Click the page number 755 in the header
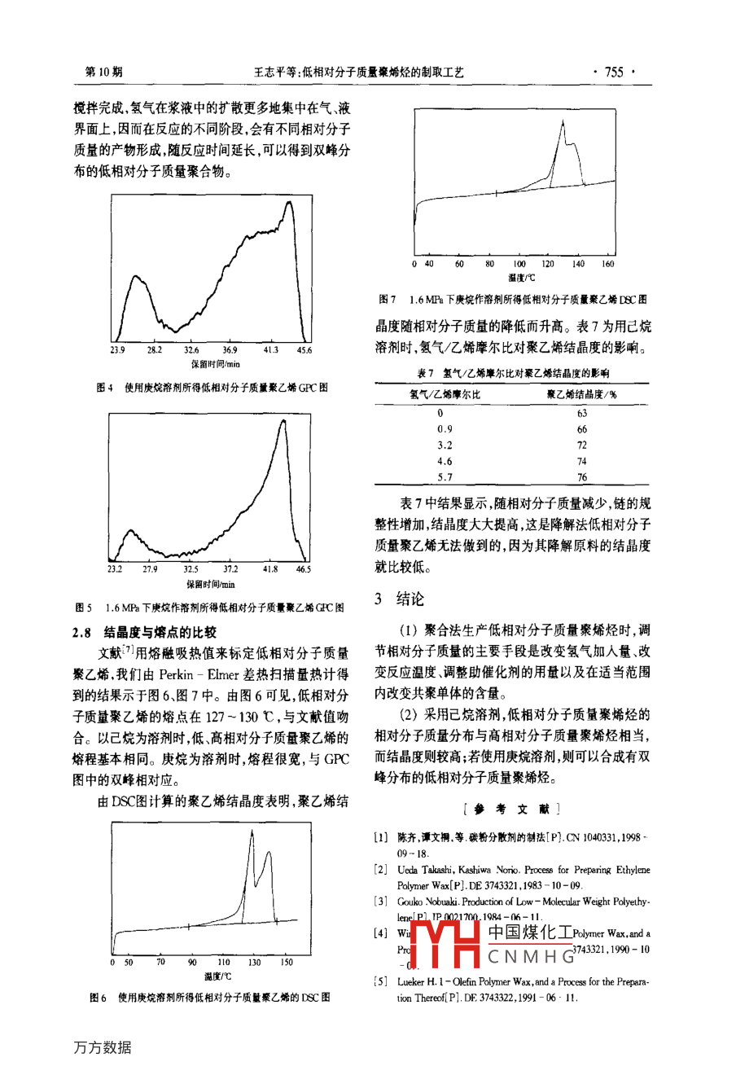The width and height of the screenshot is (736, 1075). click(x=614, y=72)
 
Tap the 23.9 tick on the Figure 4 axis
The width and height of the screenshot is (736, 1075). click(x=117, y=350)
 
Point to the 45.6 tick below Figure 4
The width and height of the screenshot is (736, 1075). click(x=304, y=350)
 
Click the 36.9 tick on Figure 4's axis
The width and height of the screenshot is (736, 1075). click(x=230, y=350)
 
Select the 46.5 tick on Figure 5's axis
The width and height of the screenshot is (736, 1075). click(x=303, y=569)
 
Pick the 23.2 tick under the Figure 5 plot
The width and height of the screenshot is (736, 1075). click(x=115, y=569)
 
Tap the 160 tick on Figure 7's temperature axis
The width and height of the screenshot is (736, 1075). click(x=607, y=264)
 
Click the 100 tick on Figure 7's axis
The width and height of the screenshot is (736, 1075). click(x=519, y=264)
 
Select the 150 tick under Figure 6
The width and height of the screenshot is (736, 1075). click(x=287, y=963)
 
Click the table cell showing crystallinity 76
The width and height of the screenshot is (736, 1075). click(x=581, y=477)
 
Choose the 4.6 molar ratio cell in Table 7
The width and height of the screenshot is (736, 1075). click(x=445, y=461)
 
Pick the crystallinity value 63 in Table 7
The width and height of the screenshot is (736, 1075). click(x=581, y=413)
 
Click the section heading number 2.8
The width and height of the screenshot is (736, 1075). click(x=82, y=632)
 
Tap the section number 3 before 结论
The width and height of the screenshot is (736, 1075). click(x=379, y=599)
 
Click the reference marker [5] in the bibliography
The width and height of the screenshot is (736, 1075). click(x=381, y=981)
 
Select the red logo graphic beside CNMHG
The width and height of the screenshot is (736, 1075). click(x=445, y=944)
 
